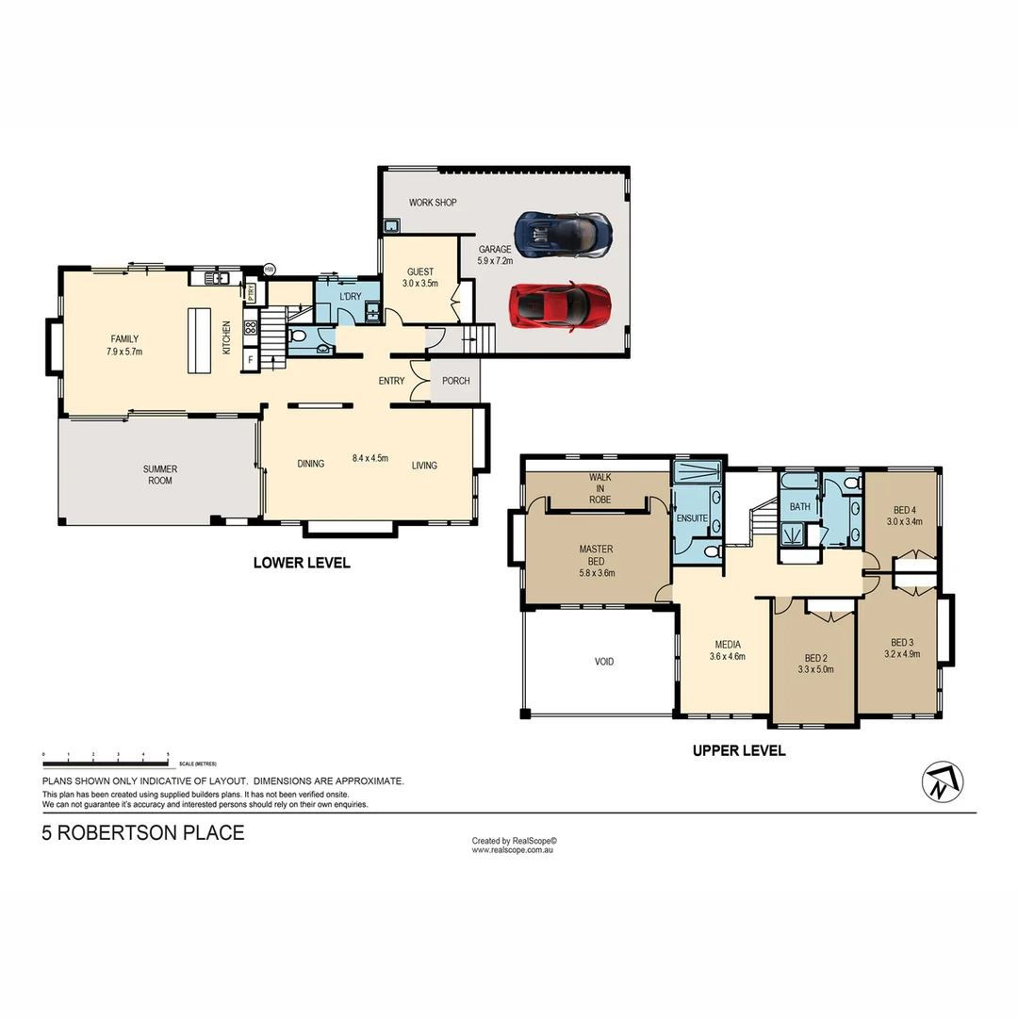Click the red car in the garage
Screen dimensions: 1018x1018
(560, 304)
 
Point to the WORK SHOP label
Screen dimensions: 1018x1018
(433, 203)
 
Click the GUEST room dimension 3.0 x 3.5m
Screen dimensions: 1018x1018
(420, 283)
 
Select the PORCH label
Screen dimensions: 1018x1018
(456, 381)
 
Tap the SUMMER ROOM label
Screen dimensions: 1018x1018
(160, 474)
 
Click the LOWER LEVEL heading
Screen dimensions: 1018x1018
(302, 563)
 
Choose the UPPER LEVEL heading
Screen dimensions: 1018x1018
(739, 751)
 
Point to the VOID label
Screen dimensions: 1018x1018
(604, 662)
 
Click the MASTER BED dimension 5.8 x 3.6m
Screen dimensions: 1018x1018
(596, 572)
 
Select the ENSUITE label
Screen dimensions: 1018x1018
(692, 518)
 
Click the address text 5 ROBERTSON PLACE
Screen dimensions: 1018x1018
(143, 833)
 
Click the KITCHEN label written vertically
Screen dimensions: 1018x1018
(226, 337)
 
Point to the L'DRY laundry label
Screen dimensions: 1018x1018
(350, 297)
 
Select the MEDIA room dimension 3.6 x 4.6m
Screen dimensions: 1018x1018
(727, 656)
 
